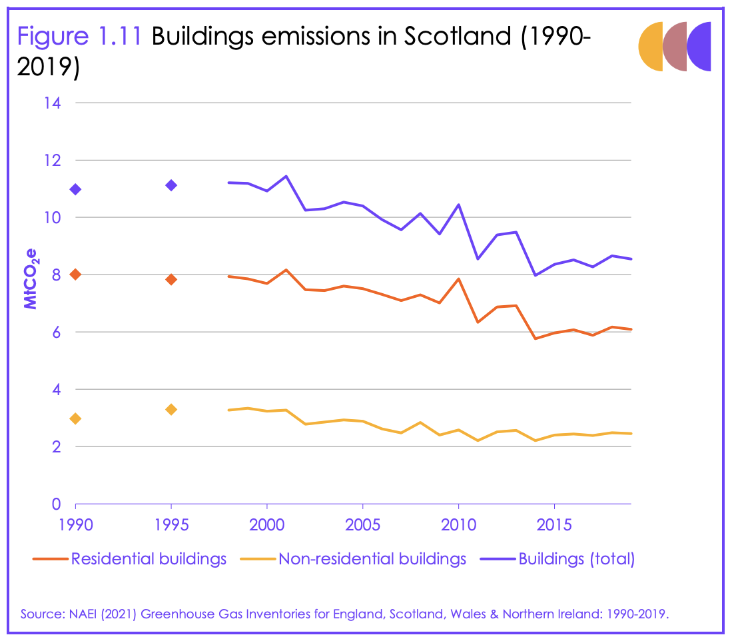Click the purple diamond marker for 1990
(x=75, y=189)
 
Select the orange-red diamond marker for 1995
(x=171, y=279)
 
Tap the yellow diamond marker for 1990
(x=75, y=418)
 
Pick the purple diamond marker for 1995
(x=171, y=185)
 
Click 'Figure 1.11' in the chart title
(x=79, y=36)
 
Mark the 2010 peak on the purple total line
(x=458, y=205)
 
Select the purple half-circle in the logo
(x=699, y=47)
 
